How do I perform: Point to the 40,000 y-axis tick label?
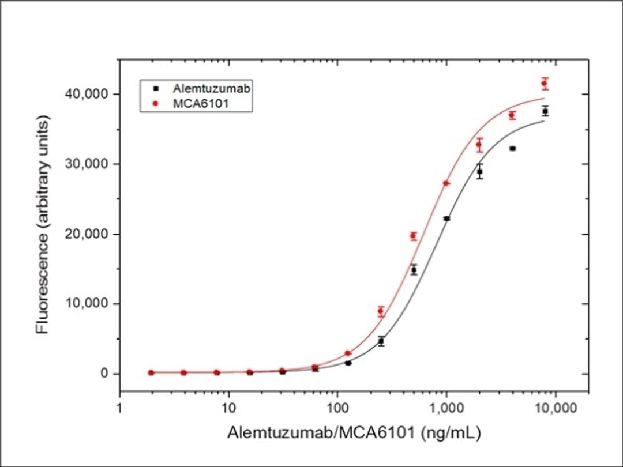pyautogui.click(x=88, y=94)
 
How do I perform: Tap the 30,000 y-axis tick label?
pyautogui.click(x=88, y=164)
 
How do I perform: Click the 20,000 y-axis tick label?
pyautogui.click(x=88, y=234)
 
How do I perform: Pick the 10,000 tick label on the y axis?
pyautogui.click(x=88, y=304)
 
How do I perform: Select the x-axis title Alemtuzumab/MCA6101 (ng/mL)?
pyautogui.click(x=354, y=432)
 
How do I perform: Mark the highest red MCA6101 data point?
pyautogui.click(x=544, y=84)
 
